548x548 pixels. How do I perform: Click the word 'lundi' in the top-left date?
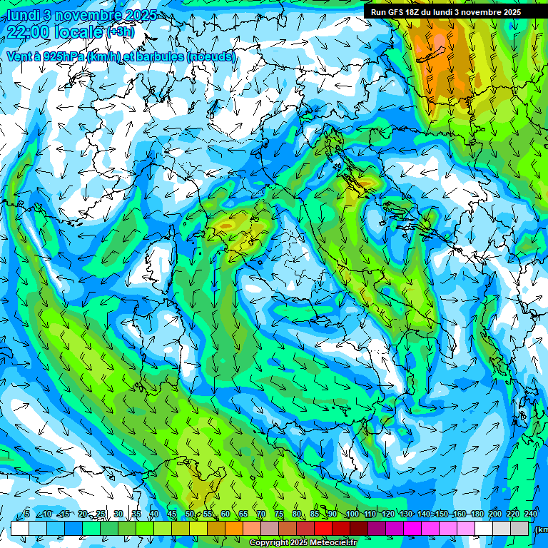(23, 15)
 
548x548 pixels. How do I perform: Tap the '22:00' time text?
(29, 31)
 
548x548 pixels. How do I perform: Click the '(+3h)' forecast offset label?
(120, 32)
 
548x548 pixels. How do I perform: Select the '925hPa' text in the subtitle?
(61, 56)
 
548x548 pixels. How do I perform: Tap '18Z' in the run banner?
(420, 12)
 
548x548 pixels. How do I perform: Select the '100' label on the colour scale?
(352, 514)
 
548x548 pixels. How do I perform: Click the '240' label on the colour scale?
(531, 514)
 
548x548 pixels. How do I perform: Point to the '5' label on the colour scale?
(26, 514)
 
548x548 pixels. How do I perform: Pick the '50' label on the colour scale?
(189, 514)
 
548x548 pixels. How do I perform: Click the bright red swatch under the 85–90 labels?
(323, 528)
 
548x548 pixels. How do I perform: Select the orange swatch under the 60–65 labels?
(234, 528)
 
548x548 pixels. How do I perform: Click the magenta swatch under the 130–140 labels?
(412, 528)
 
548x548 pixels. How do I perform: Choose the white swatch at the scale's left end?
(20, 528)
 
